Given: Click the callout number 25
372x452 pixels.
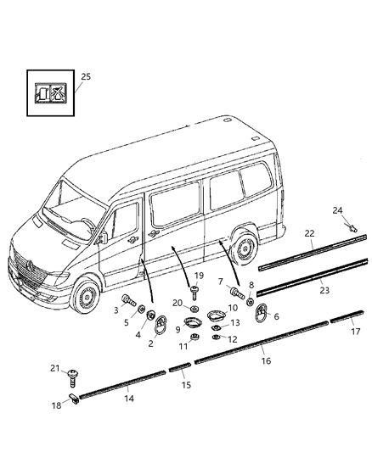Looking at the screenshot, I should pyautogui.click(x=85, y=76).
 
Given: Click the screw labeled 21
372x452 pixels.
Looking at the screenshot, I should pyautogui.click(x=75, y=372).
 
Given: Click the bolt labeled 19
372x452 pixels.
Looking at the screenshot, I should pyautogui.click(x=194, y=293).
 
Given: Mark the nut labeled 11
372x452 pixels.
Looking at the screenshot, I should pyautogui.click(x=194, y=339).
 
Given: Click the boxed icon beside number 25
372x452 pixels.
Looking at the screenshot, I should pyautogui.click(x=48, y=92).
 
